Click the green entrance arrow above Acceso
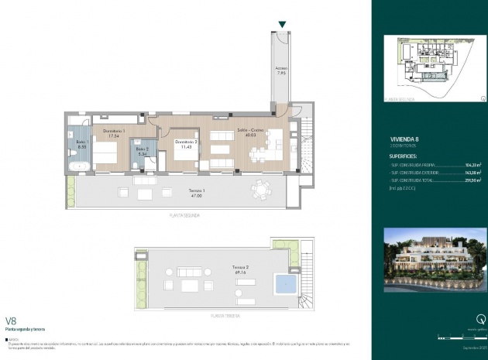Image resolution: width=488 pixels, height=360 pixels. click(x=281, y=26)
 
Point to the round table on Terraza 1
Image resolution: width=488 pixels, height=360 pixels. click(x=263, y=188)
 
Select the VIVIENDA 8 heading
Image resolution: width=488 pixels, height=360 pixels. click(x=401, y=139)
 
